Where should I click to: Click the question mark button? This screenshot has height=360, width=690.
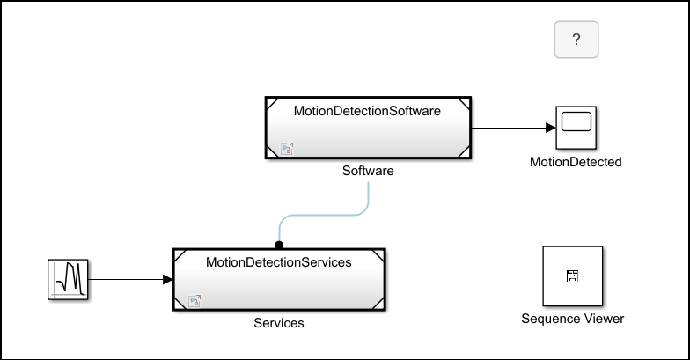tap(576, 40)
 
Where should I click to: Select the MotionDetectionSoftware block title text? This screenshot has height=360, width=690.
tap(367, 111)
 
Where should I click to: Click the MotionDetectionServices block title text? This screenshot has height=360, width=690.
tap(278, 262)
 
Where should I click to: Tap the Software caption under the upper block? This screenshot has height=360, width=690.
tap(367, 172)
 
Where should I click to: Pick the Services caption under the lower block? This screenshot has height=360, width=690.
tap(279, 323)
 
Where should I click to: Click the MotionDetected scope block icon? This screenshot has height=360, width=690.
tap(576, 129)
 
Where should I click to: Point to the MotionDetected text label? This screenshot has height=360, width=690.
tap(576, 162)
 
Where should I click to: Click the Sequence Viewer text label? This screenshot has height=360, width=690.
tap(572, 319)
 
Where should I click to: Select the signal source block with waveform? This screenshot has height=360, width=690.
tap(68, 280)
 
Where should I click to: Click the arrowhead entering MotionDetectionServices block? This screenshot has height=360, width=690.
tap(167, 280)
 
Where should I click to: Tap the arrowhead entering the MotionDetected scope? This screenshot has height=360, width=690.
tap(550, 128)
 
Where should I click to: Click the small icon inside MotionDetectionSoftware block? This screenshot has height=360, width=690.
tap(286, 149)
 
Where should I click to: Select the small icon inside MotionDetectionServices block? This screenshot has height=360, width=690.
tap(195, 300)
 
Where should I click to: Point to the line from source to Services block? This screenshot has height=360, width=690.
tap(128, 280)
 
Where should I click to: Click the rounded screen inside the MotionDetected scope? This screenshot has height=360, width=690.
tap(576, 123)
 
